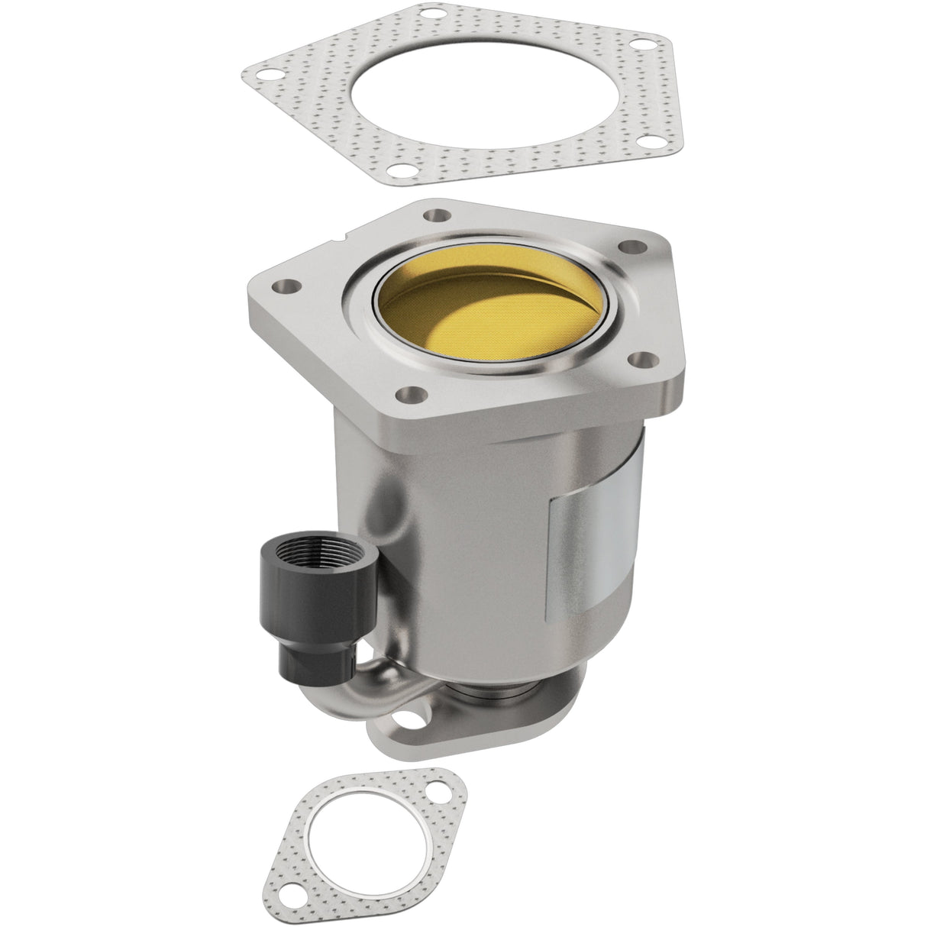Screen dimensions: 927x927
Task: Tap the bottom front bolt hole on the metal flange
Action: click(412, 395)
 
